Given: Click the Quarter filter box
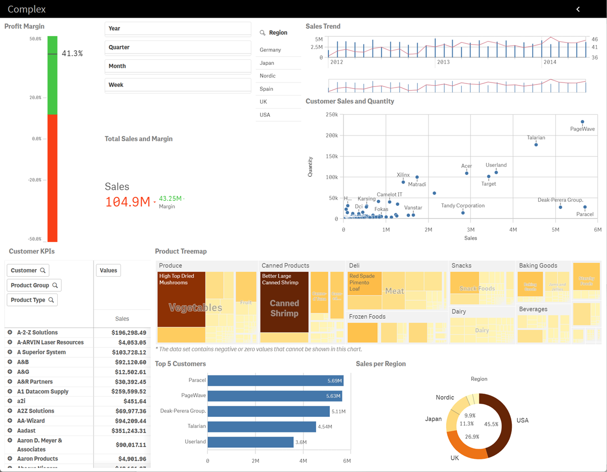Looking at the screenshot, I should click(x=178, y=47).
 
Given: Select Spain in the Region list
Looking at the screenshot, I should click(x=267, y=89).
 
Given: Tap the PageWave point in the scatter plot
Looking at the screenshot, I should click(x=582, y=122).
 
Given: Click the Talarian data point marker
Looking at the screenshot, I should click(x=536, y=145).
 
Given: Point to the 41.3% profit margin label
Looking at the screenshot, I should click(x=72, y=53).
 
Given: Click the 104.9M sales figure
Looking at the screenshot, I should click(x=127, y=202).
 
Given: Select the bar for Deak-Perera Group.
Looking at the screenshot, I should click(x=268, y=411).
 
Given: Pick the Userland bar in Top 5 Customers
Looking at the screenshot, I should click(x=250, y=442).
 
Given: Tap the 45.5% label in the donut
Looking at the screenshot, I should click(x=491, y=424).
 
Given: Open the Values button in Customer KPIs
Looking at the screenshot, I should click(x=108, y=270).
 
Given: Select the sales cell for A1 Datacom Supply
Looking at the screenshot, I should click(x=128, y=391).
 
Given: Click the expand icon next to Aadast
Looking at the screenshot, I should click(x=10, y=431).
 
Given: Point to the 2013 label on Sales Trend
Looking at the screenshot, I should click(x=443, y=62).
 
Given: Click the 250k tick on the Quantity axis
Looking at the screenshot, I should click(x=331, y=114).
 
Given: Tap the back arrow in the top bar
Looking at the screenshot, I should click(x=578, y=9).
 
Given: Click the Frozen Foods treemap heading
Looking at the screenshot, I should click(x=367, y=317).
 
